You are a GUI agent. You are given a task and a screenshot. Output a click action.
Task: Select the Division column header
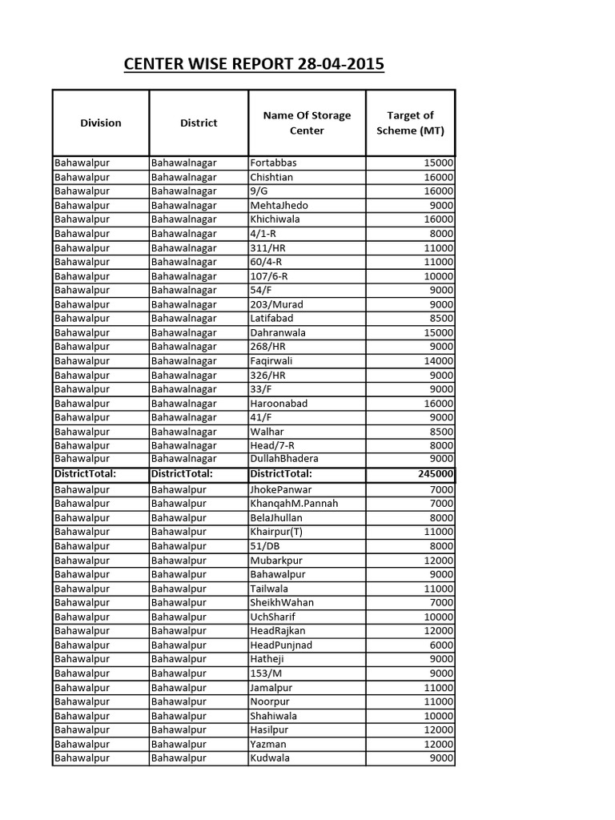pyautogui.click(x=101, y=123)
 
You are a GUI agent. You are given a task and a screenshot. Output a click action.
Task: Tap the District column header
pyautogui.click(x=199, y=123)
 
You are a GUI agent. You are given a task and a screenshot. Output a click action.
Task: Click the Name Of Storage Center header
pyautogui.click(x=307, y=123)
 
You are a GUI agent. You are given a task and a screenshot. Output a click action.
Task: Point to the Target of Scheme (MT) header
pyautogui.click(x=410, y=123)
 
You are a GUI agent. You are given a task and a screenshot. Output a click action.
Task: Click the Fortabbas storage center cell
pyautogui.click(x=273, y=163)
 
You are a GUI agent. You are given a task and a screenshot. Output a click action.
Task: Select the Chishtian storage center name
pyautogui.click(x=271, y=177)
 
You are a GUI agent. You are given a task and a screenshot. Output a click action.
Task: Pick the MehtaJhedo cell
pyautogui.click(x=279, y=205)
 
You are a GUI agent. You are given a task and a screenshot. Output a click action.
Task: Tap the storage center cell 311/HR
pyautogui.click(x=267, y=247)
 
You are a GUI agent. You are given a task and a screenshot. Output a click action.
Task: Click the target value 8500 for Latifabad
pyautogui.click(x=441, y=318)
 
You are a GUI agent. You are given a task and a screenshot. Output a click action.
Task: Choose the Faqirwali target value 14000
pyautogui.click(x=439, y=360)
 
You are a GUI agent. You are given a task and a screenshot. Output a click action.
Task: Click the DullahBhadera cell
pyautogui.click(x=284, y=459)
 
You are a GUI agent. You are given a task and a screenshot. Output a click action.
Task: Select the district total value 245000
pyautogui.click(x=436, y=473)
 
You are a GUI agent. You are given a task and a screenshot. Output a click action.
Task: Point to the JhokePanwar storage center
pyautogui.click(x=281, y=489)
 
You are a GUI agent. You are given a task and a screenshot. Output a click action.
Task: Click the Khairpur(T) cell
pyautogui.click(x=276, y=532)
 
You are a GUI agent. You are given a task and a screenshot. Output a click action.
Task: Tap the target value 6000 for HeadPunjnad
pyautogui.click(x=441, y=645)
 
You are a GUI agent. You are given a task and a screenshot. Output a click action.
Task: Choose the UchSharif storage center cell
pyautogui.click(x=273, y=617)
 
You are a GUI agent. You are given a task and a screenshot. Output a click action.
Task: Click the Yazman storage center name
pyautogui.click(x=268, y=744)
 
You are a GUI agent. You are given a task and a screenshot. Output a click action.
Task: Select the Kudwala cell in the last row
pyautogui.click(x=270, y=758)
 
